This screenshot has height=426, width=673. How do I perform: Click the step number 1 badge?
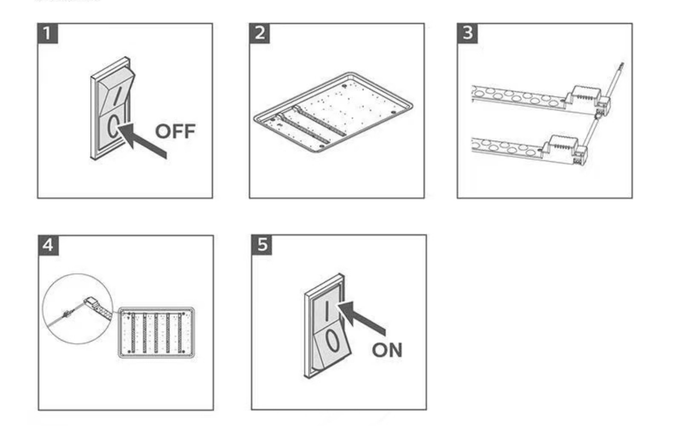pyautogui.click(x=47, y=33)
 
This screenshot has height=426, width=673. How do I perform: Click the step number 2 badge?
pyautogui.click(x=259, y=33)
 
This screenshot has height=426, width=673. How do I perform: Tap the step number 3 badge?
pyautogui.click(x=467, y=33)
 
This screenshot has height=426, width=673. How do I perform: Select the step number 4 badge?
pyautogui.click(x=49, y=245)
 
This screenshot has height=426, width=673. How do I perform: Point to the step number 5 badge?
pyautogui.click(x=262, y=245)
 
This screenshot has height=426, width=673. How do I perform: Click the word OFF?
pyautogui.click(x=175, y=131)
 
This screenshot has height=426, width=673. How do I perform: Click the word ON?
pyautogui.click(x=387, y=350)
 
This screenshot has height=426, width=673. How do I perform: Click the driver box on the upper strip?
pyautogui.click(x=581, y=96)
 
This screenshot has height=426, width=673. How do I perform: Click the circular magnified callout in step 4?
pyautogui.click(x=78, y=308)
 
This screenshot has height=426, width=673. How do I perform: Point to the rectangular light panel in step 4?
pyautogui.click(x=156, y=332)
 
